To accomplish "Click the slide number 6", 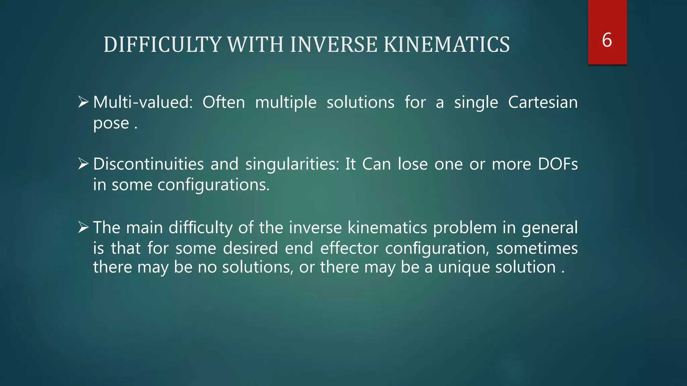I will click(607, 40).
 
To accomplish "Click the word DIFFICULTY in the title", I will click(162, 45).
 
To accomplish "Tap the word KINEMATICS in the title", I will click(446, 45).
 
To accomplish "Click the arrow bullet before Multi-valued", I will click(83, 102).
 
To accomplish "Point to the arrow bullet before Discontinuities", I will click(83, 164).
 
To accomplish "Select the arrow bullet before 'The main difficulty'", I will click(83, 228).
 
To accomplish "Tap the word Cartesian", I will click(543, 102).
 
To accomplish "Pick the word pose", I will click(111, 124).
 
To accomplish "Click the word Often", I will click(224, 102).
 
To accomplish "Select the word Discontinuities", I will click(148, 164).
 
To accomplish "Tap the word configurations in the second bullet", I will click(213, 185).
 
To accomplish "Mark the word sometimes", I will click(537, 248).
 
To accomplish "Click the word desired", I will click(250, 248).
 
